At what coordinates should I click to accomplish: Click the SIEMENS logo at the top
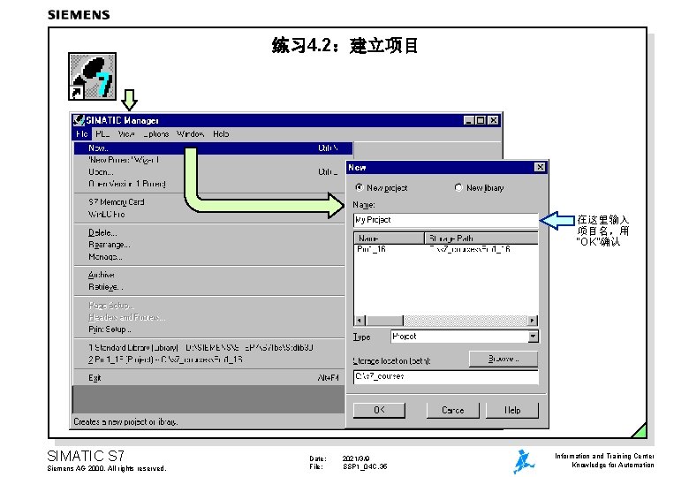[79, 14]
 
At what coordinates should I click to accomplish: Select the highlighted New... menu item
[99, 148]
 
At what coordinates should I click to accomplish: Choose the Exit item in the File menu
[95, 377]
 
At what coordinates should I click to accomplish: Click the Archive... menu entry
[102, 275]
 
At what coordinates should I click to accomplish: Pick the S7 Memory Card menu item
[117, 201]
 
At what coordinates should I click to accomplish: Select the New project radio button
[359, 187]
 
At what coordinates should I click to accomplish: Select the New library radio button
[458, 187]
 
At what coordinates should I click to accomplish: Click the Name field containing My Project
[445, 219]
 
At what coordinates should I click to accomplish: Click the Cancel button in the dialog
[452, 410]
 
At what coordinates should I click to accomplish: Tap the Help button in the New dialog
[512, 410]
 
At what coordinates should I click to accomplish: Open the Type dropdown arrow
[533, 337]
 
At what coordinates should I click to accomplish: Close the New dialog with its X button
[540, 167]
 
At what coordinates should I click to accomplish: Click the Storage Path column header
[481, 238]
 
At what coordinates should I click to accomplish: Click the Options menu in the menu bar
[156, 134]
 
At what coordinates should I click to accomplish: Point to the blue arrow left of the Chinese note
[558, 219]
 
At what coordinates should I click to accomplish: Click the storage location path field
[445, 376]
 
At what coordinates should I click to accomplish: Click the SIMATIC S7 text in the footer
[86, 456]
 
